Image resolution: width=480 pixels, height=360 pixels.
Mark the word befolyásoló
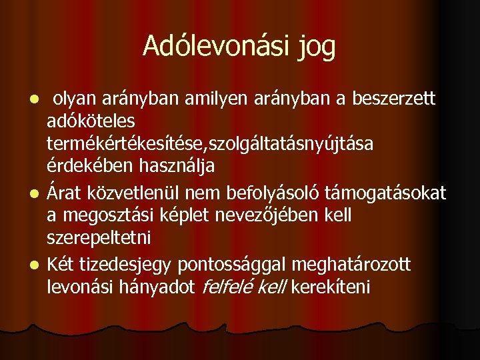(283, 194)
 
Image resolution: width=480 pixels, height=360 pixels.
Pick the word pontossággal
(241, 266)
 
